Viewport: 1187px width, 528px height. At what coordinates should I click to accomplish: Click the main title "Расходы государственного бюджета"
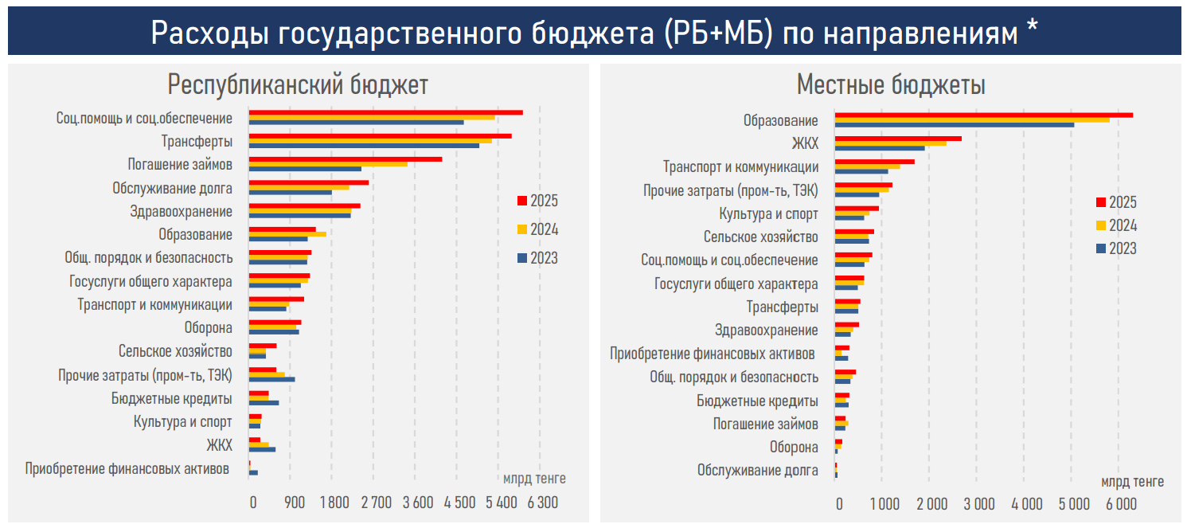[593, 33]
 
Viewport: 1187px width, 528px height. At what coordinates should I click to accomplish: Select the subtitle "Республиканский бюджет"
[298, 85]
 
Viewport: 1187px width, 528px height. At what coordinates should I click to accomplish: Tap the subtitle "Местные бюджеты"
[891, 85]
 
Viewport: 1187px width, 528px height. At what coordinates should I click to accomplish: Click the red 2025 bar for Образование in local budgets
[983, 115]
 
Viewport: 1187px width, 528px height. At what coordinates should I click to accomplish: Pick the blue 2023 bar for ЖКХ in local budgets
[880, 148]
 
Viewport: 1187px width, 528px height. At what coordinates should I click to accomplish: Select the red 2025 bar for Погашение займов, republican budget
[345, 159]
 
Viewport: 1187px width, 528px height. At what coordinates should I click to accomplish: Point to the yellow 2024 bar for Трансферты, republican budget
[370, 141]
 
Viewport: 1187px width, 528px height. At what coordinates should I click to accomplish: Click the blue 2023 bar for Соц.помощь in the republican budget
[356, 123]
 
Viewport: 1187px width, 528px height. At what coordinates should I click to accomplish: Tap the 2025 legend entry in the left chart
[538, 201]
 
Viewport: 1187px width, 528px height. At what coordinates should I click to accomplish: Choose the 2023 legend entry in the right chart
[1116, 248]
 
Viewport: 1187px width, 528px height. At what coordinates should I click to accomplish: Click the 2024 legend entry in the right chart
[1116, 225]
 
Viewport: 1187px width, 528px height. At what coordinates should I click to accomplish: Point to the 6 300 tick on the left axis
[543, 503]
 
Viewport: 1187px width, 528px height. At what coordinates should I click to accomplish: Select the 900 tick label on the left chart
[295, 503]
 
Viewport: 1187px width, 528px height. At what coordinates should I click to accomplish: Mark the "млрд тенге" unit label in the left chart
[534, 479]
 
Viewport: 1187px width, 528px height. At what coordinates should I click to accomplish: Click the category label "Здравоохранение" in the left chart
[182, 212]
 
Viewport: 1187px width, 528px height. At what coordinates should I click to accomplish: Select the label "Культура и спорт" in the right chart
[768, 214]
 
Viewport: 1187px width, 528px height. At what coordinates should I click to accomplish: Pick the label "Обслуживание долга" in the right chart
[757, 470]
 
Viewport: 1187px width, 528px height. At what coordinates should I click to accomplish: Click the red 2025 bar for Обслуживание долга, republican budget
[309, 182]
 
